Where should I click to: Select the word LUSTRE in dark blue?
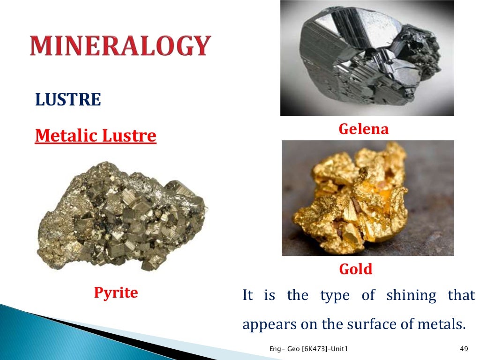tap(68, 100)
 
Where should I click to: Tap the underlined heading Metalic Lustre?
tap(96, 136)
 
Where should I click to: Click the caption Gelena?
tap(364, 129)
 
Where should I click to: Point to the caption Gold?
tap(355, 269)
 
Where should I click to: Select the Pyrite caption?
tap(116, 293)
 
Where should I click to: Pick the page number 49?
tap(464, 348)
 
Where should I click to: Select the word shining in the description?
tap(411, 296)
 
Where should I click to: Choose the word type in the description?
tap(335, 296)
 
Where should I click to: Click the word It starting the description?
tap(247, 296)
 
